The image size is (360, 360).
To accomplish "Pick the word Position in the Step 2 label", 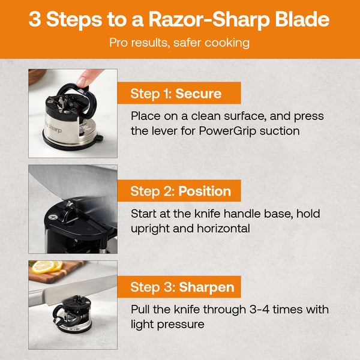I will tap(205, 191).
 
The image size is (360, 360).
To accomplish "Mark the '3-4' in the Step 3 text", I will tap(254, 310).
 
